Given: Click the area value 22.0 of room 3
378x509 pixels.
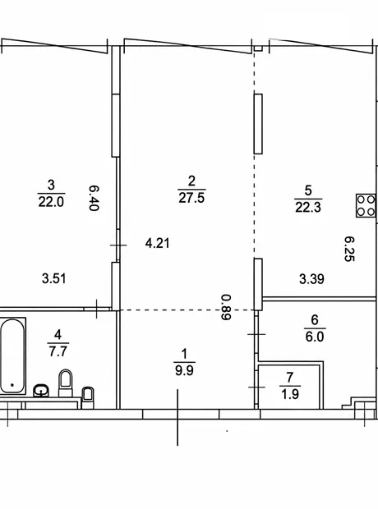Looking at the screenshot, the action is tap(51, 202).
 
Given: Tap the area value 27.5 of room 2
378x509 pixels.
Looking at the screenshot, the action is tap(191, 198).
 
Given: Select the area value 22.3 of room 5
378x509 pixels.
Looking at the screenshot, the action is tap(308, 207).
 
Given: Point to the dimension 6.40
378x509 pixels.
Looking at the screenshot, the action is tap(94, 198).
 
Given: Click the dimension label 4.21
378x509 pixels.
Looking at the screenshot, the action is tap(157, 243).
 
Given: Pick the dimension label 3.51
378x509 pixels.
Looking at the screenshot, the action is tap(54, 278).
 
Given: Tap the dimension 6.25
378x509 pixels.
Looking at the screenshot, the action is tap(349, 249).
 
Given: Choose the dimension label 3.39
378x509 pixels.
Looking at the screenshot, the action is tap(311, 279).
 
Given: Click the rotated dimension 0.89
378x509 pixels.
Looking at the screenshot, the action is tap(226, 307).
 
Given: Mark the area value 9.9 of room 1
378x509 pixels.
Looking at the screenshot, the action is tap(184, 370).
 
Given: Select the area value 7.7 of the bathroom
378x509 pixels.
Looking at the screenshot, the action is tap(58, 351).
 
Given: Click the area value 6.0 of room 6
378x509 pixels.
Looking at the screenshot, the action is tap(315, 337).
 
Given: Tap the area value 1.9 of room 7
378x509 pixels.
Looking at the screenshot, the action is tap(290, 394).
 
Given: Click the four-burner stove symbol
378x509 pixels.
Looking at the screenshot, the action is tap(366, 205).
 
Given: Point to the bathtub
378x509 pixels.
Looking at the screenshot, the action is tap(12, 355).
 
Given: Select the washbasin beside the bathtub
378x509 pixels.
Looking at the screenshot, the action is tap(41, 390).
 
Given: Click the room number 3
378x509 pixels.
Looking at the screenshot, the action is tap(51, 186).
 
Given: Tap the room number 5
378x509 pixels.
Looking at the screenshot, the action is tap(308, 190).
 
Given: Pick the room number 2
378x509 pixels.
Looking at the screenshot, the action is tap(191, 181).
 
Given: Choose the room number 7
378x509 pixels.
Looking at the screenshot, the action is tap(290, 378).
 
